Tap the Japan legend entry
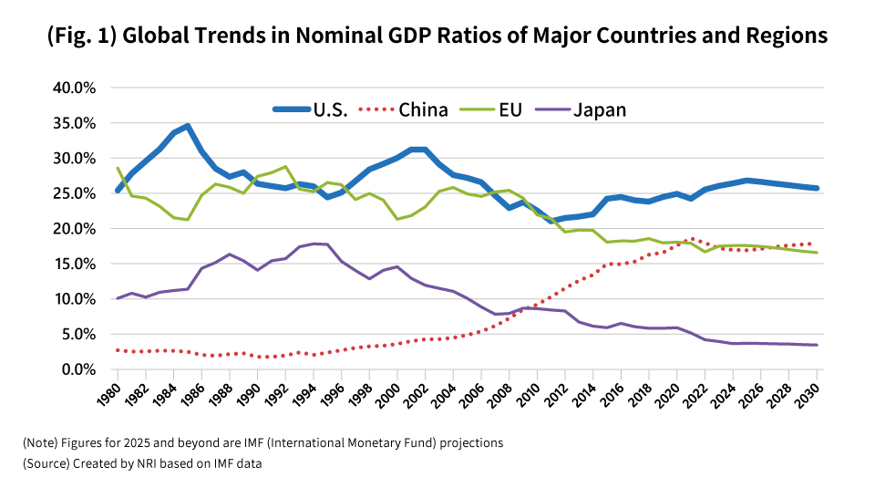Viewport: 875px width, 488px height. [599, 109]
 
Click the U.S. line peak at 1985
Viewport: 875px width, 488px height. [188, 126]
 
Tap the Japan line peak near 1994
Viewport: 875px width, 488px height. [314, 244]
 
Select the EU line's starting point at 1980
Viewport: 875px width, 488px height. [118, 168]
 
